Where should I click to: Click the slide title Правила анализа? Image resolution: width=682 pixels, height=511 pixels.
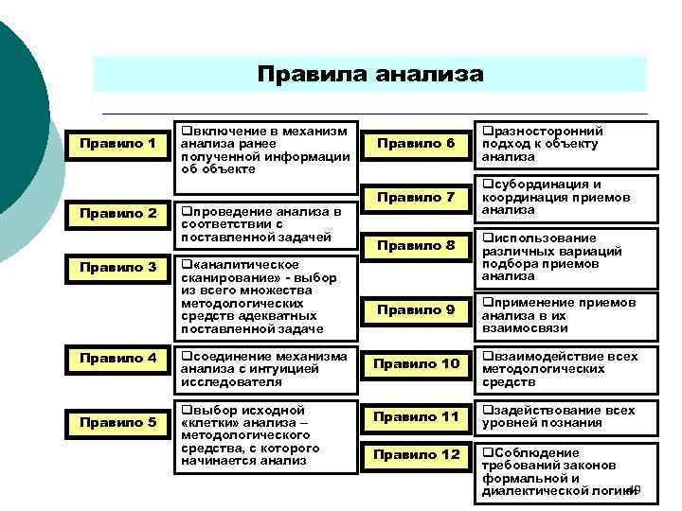369,74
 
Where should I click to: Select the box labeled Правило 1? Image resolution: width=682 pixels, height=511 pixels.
117,144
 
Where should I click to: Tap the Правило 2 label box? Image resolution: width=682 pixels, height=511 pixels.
117,214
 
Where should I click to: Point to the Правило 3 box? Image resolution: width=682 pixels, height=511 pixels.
117,268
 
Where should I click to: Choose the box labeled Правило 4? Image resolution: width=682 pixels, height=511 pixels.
117,359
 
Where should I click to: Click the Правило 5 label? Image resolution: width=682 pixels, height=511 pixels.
117,422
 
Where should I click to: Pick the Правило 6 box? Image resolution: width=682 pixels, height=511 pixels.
416,144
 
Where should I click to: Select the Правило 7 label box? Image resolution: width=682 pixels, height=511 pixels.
416,197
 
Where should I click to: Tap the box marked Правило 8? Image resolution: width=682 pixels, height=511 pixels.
416,246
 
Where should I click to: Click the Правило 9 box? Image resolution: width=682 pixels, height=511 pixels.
416,309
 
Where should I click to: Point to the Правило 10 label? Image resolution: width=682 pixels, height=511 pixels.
416,364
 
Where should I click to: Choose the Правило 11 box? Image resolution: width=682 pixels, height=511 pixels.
416,417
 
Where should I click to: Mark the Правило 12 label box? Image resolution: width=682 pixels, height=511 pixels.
416,455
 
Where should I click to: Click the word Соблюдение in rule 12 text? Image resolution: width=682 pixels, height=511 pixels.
534,452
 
